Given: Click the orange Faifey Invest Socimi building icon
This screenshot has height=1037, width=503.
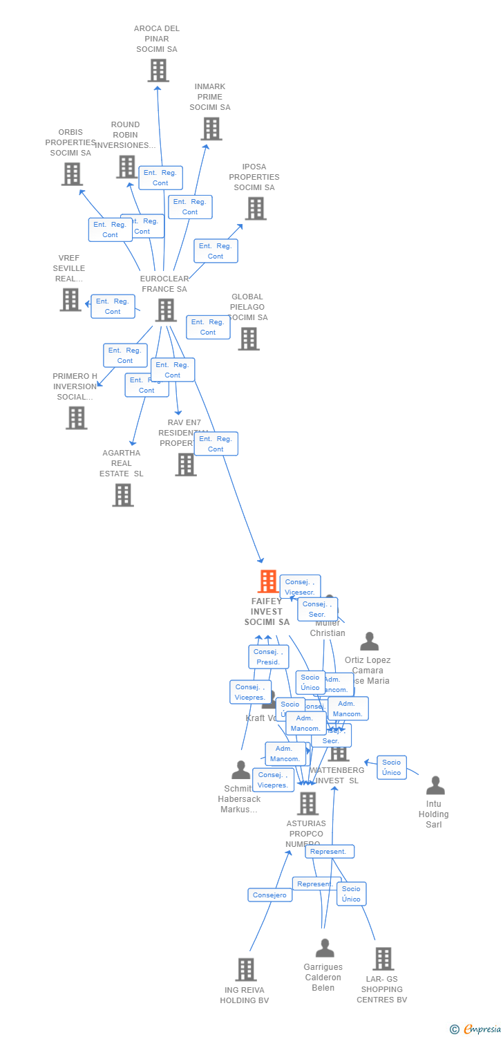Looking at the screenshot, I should pos(267,581).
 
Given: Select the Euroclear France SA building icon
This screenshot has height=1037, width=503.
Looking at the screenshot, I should pos(166,310).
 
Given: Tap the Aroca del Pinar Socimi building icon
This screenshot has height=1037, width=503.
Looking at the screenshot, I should pos(158,71).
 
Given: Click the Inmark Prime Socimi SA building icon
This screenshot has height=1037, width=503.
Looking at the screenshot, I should pos(211,129).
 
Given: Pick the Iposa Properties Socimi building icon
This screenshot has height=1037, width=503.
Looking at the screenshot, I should pos(256,208).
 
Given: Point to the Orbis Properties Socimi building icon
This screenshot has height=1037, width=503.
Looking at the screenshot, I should pos(72,174).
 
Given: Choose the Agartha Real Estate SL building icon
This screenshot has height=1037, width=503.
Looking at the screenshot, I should pos(123,495).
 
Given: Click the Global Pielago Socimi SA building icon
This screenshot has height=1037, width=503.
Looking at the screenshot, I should pos(249,339).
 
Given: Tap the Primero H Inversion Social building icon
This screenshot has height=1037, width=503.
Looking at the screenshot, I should pos(77,418).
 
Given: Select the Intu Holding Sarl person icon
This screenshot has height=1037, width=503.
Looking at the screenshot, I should pos(435,786).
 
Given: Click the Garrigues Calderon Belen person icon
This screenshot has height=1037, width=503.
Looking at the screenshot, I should pos(325,949).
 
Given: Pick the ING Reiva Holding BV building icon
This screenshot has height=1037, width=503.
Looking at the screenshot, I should pos(246,969).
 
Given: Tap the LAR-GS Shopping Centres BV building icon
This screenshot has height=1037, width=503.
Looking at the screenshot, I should pos(383,959).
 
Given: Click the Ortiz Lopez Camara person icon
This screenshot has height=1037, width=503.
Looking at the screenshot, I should pos(370,642).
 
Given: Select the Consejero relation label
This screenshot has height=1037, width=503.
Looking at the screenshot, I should pos(270,895).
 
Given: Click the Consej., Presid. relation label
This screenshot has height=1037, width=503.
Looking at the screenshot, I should pos(269,657).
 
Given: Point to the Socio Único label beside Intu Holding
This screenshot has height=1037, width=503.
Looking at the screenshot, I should pos(392,767).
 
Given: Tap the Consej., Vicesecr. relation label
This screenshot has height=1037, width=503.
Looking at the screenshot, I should pos(300,587).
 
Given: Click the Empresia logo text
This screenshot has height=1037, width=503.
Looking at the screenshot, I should pos(482,1029).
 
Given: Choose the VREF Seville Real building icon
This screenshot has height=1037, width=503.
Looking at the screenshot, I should pos(70,299).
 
